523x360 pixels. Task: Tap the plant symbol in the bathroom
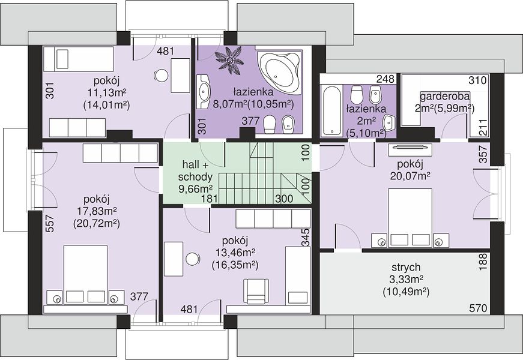229,58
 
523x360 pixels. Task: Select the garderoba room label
444,97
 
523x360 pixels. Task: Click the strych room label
406,268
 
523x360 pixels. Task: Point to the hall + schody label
196,170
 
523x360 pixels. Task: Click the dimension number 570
479,308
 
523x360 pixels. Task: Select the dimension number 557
49,223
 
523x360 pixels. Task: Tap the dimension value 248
385,79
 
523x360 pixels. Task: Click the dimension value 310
478,80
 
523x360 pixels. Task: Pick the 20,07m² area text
410,176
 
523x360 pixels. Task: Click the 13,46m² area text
236,252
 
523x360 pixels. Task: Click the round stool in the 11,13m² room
162,76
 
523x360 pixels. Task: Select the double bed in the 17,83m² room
86,275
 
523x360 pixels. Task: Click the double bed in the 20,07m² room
410,218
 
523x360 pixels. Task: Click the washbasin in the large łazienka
203,91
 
